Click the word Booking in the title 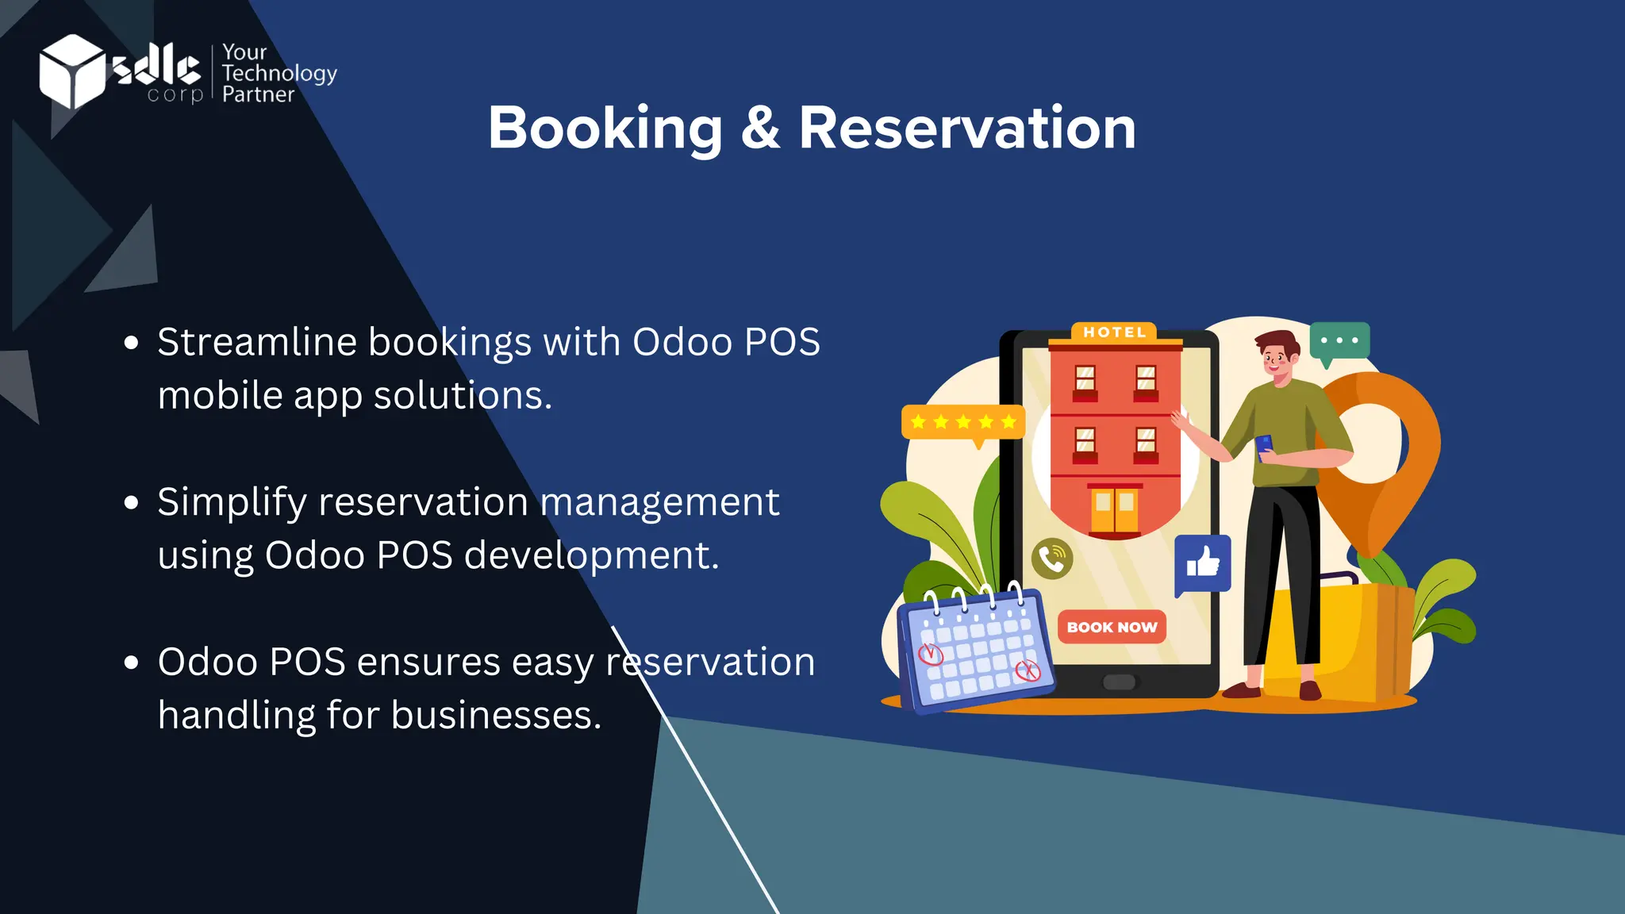point(605,129)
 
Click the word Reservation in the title point(966,129)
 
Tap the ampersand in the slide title point(760,129)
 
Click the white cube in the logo point(71,71)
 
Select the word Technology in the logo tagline point(279,74)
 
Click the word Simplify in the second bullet point(232,503)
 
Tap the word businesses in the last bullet point(496,716)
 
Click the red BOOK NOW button point(1112,627)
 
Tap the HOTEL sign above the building point(1115,332)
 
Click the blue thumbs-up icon point(1203,563)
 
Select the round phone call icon point(1052,559)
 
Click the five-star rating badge point(963,422)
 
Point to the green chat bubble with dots point(1339,341)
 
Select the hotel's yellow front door point(1114,509)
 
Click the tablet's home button point(1120,682)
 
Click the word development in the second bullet point(591,555)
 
